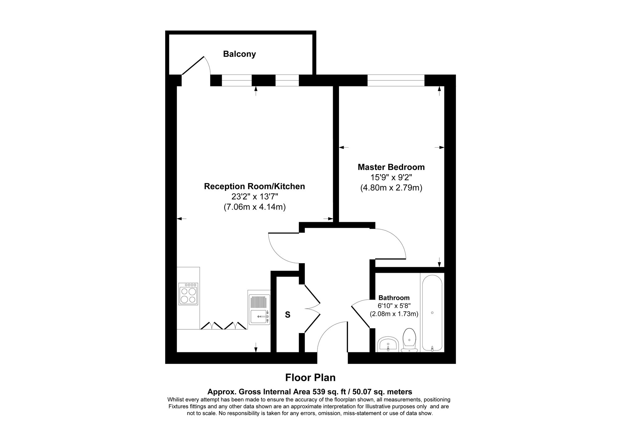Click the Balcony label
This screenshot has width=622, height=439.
point(239,54)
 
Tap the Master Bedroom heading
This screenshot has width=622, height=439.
point(391,167)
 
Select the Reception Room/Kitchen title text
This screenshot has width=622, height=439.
point(254,186)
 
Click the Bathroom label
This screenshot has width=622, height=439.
point(394,298)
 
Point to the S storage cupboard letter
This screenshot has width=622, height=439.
point(288,315)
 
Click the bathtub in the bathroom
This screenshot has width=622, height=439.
point(432,313)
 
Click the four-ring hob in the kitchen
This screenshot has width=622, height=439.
point(188,294)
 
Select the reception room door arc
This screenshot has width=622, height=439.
point(281,249)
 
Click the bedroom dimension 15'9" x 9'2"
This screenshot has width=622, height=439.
point(391,177)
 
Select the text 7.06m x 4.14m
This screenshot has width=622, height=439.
point(254,207)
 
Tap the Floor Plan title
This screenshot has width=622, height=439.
point(310,377)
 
